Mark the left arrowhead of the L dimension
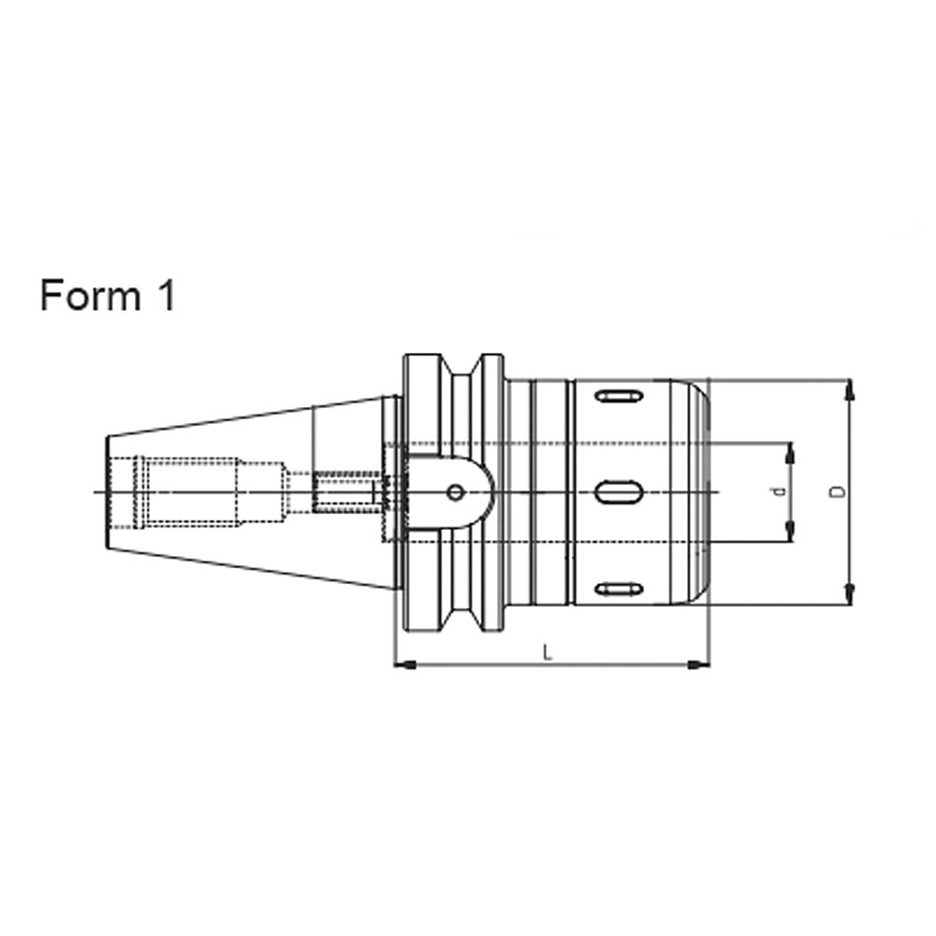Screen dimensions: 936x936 tap(403, 665)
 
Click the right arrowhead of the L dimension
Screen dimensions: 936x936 tap(698, 665)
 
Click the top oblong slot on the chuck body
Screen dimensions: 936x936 tap(618, 397)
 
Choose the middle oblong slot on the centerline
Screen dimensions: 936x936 tap(618, 491)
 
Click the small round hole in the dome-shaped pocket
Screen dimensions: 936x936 tap(455, 492)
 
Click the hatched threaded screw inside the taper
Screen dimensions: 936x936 tap(345, 492)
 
